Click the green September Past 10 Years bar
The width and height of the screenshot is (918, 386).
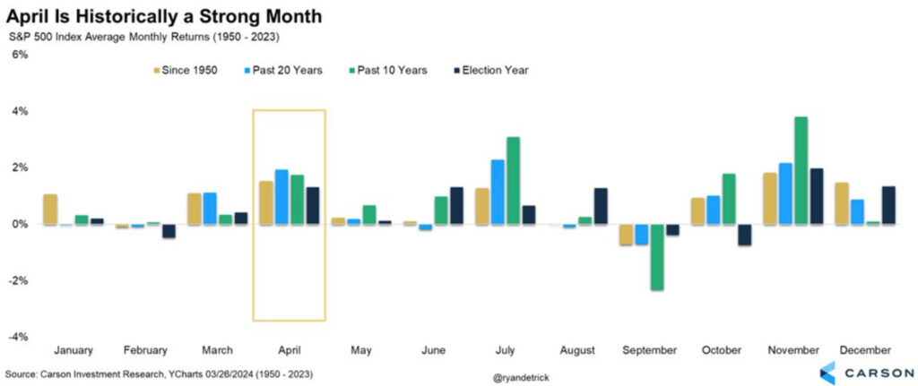657,257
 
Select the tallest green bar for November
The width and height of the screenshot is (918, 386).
801,170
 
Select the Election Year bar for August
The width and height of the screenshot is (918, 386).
601,206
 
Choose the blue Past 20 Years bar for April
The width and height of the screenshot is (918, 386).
281,197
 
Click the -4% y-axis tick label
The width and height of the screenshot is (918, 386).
18,337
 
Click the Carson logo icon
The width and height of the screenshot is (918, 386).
827,372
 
